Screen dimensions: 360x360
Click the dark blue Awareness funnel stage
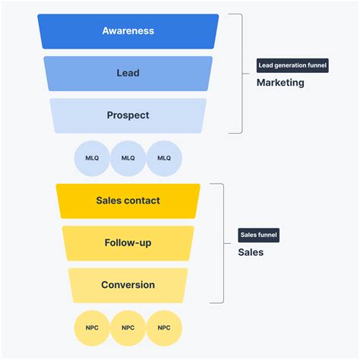click(128, 31)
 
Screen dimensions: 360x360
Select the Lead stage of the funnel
click(128, 74)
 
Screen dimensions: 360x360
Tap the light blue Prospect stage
click(128, 115)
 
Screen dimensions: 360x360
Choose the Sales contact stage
click(128, 201)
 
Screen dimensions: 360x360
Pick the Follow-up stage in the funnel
click(128, 243)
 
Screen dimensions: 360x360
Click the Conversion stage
click(128, 286)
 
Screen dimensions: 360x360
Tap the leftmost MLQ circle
click(92, 158)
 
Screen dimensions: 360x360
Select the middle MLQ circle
click(128, 158)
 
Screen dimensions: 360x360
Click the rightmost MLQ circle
click(164, 158)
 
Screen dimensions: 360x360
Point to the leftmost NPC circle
click(92, 328)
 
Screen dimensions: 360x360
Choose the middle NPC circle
click(128, 328)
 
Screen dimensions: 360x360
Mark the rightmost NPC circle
click(164, 328)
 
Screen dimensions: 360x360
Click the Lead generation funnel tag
click(292, 65)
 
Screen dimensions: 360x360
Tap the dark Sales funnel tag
click(259, 235)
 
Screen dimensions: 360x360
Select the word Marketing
click(279, 83)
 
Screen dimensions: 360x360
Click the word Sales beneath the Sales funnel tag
click(251, 252)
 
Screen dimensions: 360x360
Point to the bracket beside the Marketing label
click(242, 73)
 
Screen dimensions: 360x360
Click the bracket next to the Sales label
click(223, 243)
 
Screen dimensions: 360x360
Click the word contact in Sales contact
click(143, 201)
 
